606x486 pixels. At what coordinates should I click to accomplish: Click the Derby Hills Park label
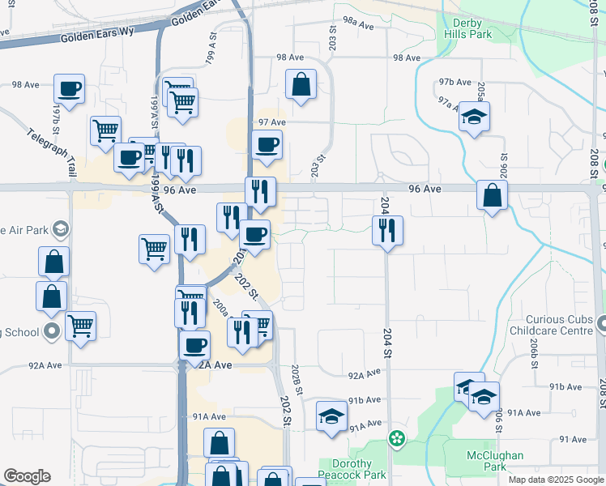pos(467,29)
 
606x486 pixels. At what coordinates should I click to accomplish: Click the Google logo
pos(27,476)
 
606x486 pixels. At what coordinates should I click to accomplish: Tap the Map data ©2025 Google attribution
pos(556,480)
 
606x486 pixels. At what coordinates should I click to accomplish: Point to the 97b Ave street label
pos(454,83)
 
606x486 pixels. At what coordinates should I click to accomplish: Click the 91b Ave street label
pos(365,400)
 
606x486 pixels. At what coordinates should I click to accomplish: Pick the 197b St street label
pos(56,118)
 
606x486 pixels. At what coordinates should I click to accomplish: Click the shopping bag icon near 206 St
pos(492,195)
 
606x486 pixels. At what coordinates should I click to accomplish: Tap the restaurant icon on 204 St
pos(387,231)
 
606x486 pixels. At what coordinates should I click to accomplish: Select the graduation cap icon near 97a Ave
pos(474,117)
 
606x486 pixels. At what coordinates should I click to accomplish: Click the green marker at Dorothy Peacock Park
pos(396,438)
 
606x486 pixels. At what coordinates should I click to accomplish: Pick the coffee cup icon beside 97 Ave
pos(267,145)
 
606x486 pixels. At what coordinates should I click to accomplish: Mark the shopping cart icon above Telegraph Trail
pos(105,130)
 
